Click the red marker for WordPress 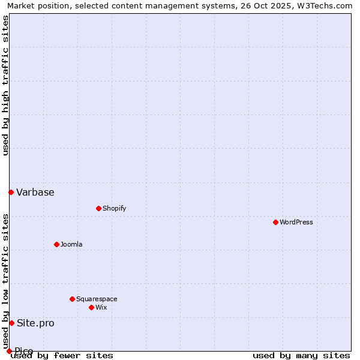click(275, 222)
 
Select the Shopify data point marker click(98, 208)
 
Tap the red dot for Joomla click(56, 244)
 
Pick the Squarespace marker click(72, 299)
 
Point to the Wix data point click(91, 307)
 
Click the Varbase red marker click(11, 192)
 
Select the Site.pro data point click(11, 323)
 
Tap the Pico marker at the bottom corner click(9, 351)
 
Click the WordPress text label click(296, 222)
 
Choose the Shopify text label click(114, 208)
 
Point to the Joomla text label click(71, 244)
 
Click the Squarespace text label click(97, 299)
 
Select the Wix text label click(101, 307)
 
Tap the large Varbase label click(35, 193)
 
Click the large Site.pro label click(35, 323)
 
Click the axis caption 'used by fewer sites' click(62, 355)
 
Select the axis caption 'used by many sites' click(301, 355)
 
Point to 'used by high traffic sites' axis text click(5, 85)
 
